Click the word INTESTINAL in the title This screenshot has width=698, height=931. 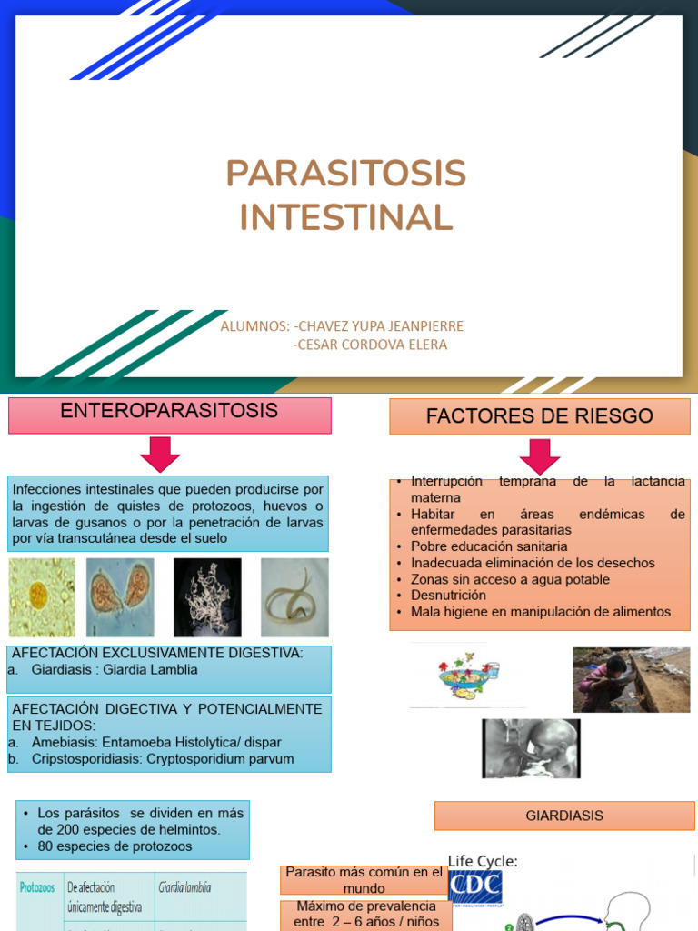pos(345,217)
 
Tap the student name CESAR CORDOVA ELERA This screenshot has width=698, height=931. pos(370,345)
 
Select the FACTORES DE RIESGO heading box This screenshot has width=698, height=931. pos(539,416)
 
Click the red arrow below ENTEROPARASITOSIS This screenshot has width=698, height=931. pos(160,454)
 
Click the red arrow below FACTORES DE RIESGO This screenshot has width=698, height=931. pos(540,456)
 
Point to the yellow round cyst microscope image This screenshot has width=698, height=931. pos(41,596)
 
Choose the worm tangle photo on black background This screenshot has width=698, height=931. pos(207,596)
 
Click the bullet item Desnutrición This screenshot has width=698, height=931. pos(448,596)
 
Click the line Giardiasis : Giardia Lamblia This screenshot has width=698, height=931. pos(114,670)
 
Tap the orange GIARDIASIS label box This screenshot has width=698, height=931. pos(563,816)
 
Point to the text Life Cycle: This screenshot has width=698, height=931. pos(483,861)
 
